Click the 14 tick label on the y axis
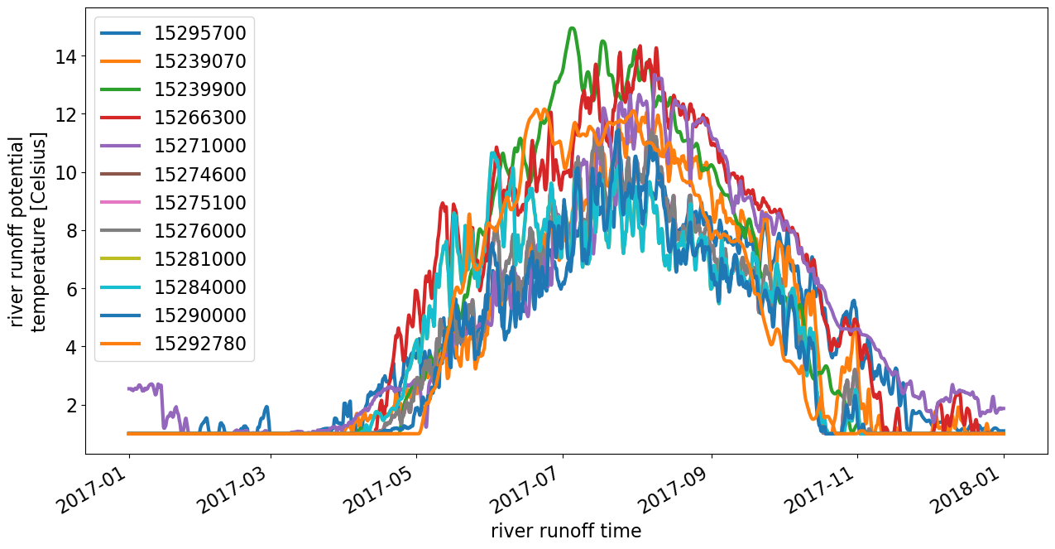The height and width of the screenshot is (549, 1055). pos(66,57)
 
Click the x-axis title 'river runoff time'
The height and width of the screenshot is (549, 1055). pos(566,531)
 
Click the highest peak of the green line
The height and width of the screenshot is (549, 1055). pos(572,28)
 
